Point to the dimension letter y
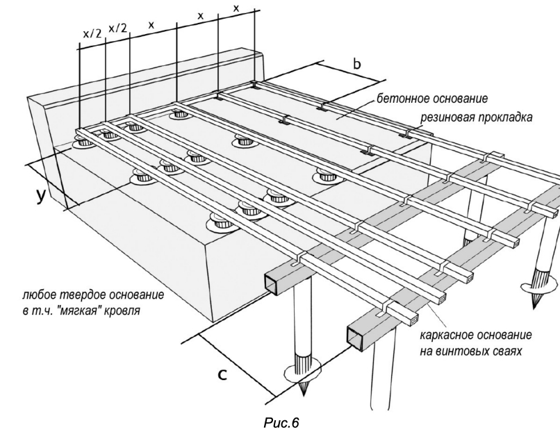[41, 195]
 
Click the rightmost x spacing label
[236, 9]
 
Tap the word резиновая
[441, 118]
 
